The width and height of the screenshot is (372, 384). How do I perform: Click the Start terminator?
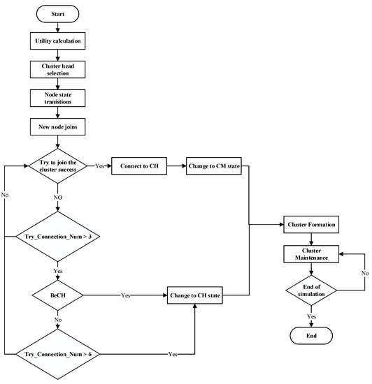click(58, 15)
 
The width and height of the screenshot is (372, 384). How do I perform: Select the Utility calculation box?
click(58, 41)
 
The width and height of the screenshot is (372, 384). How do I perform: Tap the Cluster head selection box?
click(58, 70)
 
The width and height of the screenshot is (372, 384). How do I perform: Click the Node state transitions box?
click(58, 98)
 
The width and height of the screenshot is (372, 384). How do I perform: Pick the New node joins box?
click(58, 127)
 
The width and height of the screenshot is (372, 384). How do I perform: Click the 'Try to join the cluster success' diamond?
click(58, 167)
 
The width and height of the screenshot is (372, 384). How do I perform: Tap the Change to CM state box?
click(213, 167)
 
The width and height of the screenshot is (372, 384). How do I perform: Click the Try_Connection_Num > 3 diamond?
click(58, 237)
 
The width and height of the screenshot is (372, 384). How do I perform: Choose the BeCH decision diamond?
click(58, 295)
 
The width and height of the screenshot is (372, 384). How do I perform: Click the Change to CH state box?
click(195, 295)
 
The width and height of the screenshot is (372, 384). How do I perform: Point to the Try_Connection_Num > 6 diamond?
click(58, 354)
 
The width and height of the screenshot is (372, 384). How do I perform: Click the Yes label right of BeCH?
click(126, 295)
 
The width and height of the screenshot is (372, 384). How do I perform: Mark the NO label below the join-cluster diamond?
click(58, 198)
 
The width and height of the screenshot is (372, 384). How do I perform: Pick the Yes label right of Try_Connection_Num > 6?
click(173, 354)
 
